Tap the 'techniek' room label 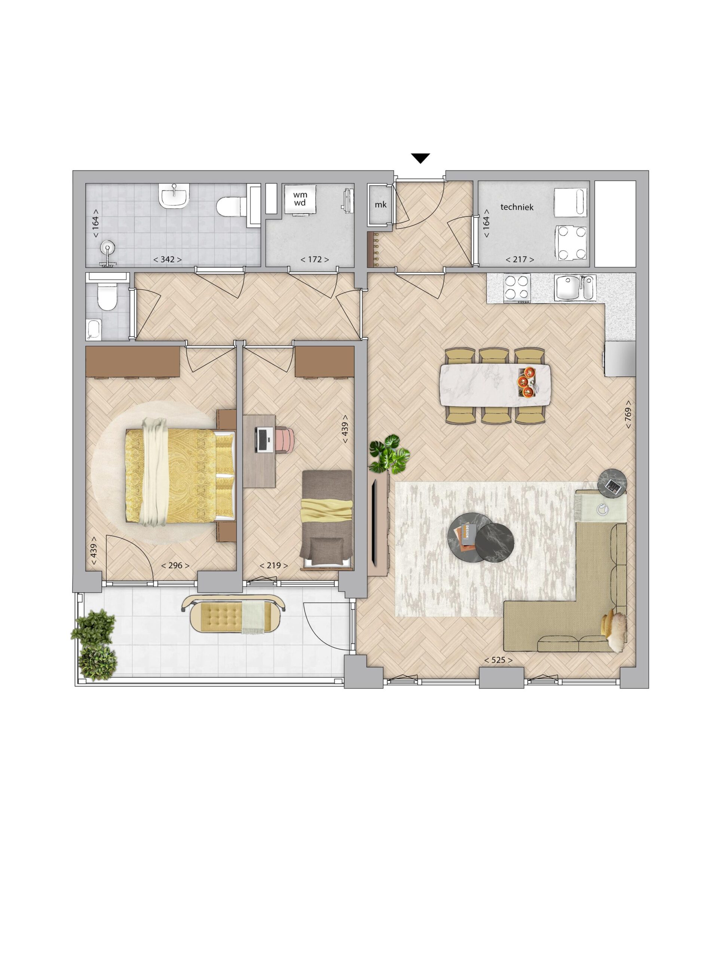[517, 207]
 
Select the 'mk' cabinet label [380, 204]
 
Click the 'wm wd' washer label [300, 199]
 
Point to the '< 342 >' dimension [168, 259]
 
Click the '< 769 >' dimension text [628, 415]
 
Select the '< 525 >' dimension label [498, 660]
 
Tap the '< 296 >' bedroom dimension [175, 565]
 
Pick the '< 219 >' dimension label [273, 565]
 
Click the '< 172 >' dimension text [315, 259]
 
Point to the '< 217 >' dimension [520, 259]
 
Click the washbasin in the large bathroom [174, 196]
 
